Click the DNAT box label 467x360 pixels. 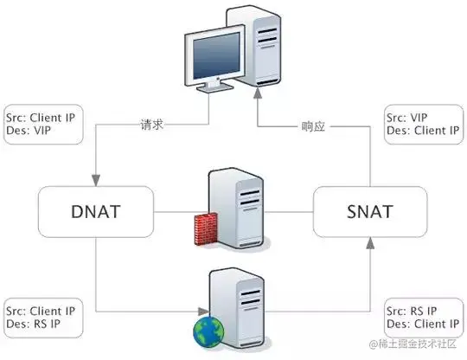96,212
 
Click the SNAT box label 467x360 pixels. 370,212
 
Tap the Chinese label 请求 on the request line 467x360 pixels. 152,125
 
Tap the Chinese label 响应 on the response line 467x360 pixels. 313,126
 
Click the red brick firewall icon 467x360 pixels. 205,228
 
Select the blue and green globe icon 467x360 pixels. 208,332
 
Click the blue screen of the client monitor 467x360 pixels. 215,55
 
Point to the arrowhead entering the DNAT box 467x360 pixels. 96,181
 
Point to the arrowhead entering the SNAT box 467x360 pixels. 370,243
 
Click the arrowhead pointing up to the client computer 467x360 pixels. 258,93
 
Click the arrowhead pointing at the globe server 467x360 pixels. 203,312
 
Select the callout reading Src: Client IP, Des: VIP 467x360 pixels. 43,125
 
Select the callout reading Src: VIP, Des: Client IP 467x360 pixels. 424,125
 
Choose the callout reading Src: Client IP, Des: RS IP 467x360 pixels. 43,318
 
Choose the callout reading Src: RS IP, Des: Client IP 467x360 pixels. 424,318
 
